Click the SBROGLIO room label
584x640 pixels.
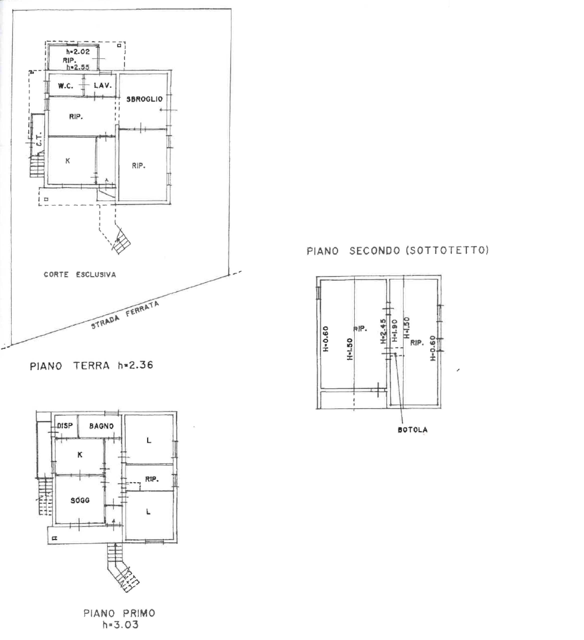(x=144, y=99)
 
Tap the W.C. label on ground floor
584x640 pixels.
(x=66, y=86)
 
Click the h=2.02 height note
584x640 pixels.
(x=78, y=51)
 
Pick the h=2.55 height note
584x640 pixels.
(x=78, y=67)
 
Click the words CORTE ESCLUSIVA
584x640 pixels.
(x=80, y=274)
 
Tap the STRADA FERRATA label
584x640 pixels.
(x=125, y=315)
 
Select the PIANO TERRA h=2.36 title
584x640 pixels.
(x=91, y=366)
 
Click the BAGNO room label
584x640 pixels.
(x=101, y=426)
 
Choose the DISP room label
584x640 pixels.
(x=65, y=426)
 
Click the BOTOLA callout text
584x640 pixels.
(x=413, y=430)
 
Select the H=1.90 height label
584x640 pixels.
(x=395, y=330)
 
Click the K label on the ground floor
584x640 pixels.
(x=68, y=161)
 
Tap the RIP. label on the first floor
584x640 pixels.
(x=152, y=479)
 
